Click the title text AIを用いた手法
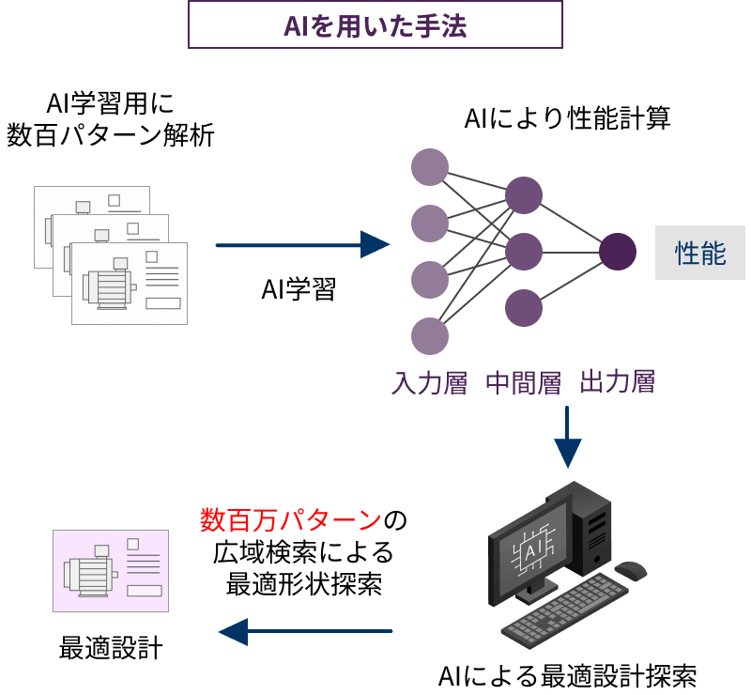[375, 25]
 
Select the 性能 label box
[700, 253]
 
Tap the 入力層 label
[429, 383]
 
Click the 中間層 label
[523, 383]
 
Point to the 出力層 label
[617, 382]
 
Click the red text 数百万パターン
[290, 520]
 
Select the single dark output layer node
[618, 252]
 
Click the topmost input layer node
[430, 167]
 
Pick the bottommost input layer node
[430, 335]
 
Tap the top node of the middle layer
[524, 195]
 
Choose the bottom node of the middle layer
[524, 308]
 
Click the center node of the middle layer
[524, 252]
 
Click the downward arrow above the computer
[567, 437]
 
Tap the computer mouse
[631, 570]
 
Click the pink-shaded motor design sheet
[111, 571]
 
